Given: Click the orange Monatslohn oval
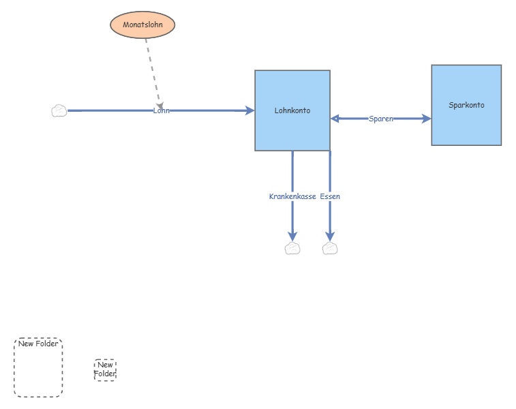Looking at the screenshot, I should pyautogui.click(x=142, y=25).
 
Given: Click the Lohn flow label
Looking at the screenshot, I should pyautogui.click(x=162, y=110).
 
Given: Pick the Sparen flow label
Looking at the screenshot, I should pyautogui.click(x=380, y=119).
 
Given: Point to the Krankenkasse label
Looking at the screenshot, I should pyautogui.click(x=292, y=196).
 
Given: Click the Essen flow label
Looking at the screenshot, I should pyautogui.click(x=330, y=196).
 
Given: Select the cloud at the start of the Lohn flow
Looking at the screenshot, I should pyautogui.click(x=59, y=111).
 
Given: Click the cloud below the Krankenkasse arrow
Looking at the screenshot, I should pyautogui.click(x=292, y=248).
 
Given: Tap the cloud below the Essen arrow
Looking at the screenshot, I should pyautogui.click(x=330, y=248).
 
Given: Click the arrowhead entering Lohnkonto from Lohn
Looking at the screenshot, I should pyautogui.click(x=249, y=110).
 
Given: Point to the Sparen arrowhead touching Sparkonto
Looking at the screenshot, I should pyautogui.click(x=427, y=119).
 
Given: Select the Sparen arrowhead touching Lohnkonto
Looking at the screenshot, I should pyautogui.click(x=335, y=119).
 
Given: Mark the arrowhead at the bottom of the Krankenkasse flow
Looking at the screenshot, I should pyautogui.click(x=292, y=236).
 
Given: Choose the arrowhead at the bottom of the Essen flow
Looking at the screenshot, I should pyautogui.click(x=330, y=236).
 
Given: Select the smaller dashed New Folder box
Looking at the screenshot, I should pyautogui.click(x=105, y=369).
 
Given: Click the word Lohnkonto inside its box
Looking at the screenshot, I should pyautogui.click(x=292, y=110).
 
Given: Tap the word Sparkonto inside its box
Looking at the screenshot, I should pyautogui.click(x=466, y=105).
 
